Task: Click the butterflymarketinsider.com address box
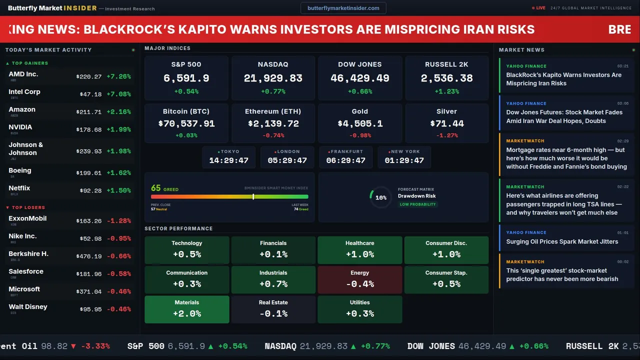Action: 343,8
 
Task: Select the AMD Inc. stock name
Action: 23,74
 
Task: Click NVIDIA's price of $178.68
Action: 89,130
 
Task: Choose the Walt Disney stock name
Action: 28,307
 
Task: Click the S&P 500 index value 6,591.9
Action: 186,78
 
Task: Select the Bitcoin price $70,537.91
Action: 186,123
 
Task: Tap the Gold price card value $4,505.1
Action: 360,123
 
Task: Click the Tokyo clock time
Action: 229,160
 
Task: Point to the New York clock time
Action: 404,160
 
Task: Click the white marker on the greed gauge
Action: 253,196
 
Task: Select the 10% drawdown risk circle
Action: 380,197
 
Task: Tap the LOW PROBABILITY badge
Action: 417,204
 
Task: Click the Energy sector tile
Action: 360,279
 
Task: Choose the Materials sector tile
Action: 187,309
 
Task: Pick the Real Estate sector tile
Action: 273,309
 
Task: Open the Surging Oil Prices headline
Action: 562,241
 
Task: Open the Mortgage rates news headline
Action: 566,158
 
